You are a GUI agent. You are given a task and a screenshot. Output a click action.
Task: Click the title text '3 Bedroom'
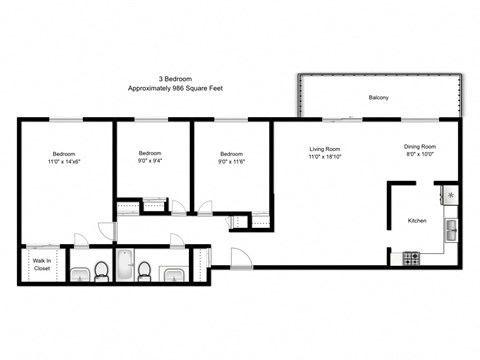coord(176,78)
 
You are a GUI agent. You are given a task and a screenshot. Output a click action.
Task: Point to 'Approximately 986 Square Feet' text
coord(176,89)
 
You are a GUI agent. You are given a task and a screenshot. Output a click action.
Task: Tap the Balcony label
coord(379,97)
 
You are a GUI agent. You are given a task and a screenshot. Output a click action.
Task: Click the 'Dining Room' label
coord(420,147)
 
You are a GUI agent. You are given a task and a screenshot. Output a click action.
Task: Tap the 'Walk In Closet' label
coord(42,265)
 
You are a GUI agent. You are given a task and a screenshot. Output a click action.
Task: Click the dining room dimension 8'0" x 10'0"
coord(420,156)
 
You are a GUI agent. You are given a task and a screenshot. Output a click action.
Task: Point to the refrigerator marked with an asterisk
coord(450,195)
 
